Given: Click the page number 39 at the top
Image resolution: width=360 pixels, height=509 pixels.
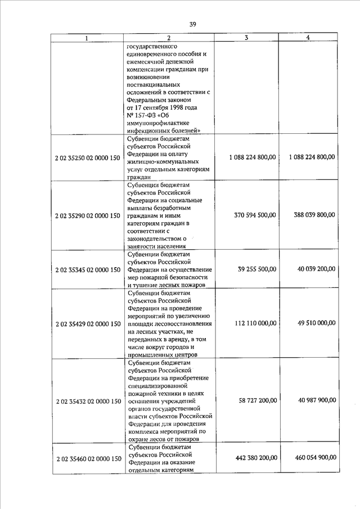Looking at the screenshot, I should [192, 24].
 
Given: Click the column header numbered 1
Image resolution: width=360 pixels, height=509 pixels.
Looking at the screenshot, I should [87, 38].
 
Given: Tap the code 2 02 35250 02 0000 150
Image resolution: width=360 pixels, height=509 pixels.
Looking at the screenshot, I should [88, 157].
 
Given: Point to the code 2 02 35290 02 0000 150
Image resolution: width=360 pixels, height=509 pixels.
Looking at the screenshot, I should [88, 215].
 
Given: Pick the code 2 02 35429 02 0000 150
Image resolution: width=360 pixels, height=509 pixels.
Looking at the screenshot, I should [88, 324].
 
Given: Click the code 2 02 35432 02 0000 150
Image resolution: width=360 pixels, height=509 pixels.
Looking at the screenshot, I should [88, 401].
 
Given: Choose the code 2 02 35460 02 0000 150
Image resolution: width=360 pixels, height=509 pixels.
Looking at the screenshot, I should [88, 459].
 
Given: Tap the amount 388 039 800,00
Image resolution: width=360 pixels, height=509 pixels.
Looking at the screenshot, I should [314, 215].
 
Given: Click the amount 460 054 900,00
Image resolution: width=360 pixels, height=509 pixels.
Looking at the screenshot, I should [314, 458].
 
